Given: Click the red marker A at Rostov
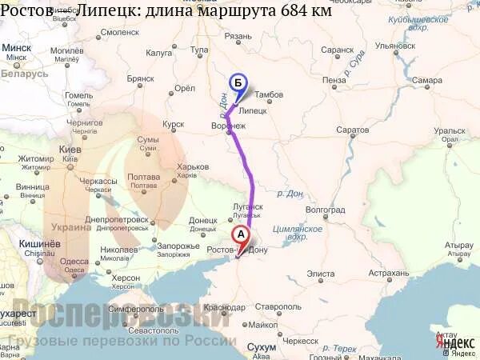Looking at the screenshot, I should [x=239, y=235].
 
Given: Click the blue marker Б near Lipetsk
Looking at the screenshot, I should [x=237, y=82].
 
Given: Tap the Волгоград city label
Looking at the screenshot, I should [x=326, y=210].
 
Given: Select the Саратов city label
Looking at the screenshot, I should [x=352, y=129].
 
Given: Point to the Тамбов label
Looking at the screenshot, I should [x=270, y=95].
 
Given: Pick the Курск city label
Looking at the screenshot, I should [x=173, y=125].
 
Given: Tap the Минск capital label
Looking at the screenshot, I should [x=17, y=48].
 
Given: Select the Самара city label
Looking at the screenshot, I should [x=428, y=80].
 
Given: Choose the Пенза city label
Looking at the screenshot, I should [x=335, y=80].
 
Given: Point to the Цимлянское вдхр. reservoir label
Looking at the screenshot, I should [x=298, y=233].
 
